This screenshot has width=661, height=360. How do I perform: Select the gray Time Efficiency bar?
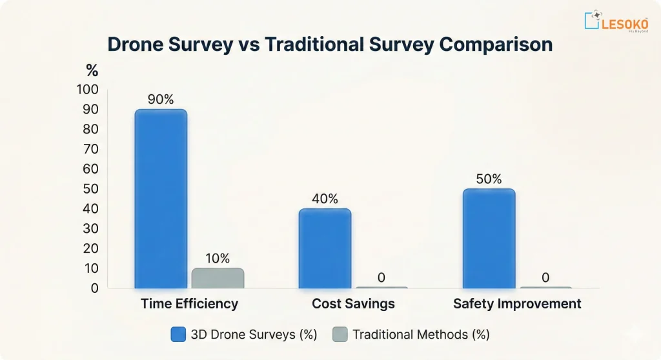pyautogui.click(x=218, y=278)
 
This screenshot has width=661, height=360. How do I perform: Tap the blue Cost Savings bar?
pyautogui.click(x=325, y=248)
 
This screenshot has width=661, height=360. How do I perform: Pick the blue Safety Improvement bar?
pyautogui.click(x=489, y=238)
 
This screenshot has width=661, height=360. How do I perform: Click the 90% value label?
pyautogui.click(x=160, y=100)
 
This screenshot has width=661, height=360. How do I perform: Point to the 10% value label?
pyautogui.click(x=218, y=259)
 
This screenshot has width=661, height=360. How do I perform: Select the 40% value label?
pyautogui.click(x=325, y=199)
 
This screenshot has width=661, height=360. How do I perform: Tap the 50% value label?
pyautogui.click(x=489, y=179)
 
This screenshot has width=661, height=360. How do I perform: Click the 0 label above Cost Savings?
pyautogui.click(x=381, y=278)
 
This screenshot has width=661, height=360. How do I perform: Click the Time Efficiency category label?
pyautogui.click(x=190, y=304)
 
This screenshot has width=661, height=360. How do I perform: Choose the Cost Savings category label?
pyautogui.click(x=353, y=304)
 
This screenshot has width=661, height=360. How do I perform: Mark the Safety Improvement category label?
pyautogui.click(x=517, y=304)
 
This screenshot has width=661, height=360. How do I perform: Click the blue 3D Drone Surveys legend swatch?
pyautogui.click(x=178, y=334)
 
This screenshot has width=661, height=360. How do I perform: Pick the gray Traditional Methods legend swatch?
pyautogui.click(x=340, y=334)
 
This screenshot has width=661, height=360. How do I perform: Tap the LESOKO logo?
pyautogui.click(x=616, y=21)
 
